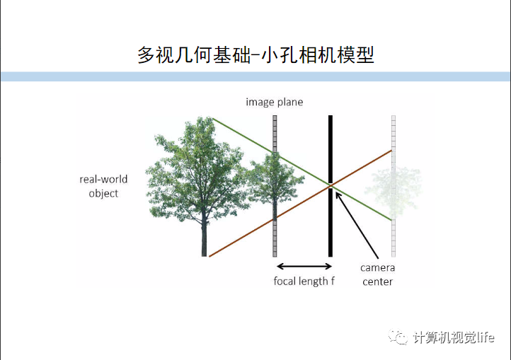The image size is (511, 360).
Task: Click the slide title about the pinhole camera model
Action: point(255,55)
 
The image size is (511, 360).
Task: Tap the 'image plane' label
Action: point(274,102)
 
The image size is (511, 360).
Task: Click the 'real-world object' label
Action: point(103,186)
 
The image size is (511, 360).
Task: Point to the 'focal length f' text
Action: point(304,281)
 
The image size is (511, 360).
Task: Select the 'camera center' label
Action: point(377,274)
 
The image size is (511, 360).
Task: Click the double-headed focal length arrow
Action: point(304,266)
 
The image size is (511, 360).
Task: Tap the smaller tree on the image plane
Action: point(273,184)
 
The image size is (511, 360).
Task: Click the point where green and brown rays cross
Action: point(331,185)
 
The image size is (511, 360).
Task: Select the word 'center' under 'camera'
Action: point(377,281)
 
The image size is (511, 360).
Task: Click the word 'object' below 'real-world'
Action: point(103,193)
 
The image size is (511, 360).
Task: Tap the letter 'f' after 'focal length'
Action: point(332,281)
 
